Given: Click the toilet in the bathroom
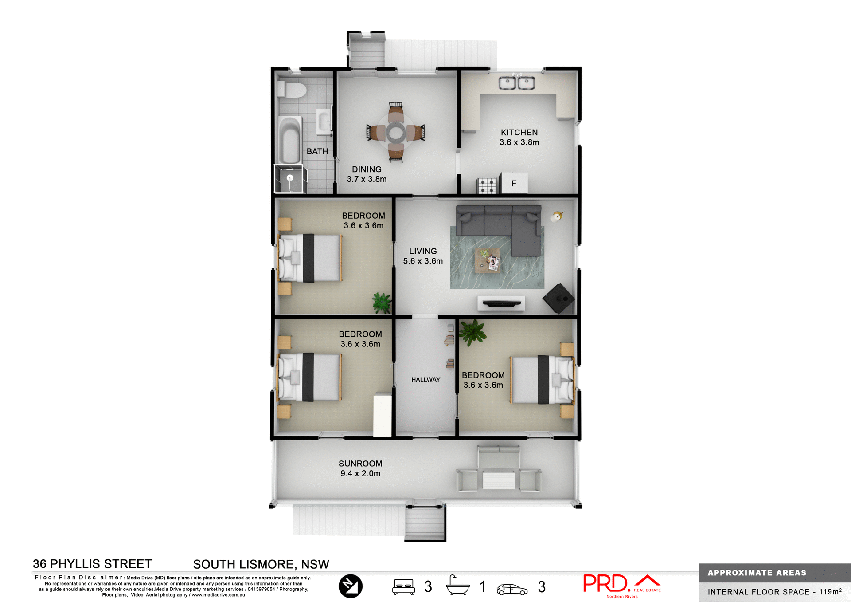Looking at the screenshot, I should [x=292, y=90].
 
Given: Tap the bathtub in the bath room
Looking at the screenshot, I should [x=290, y=140].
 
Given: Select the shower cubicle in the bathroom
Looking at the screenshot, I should [x=289, y=179].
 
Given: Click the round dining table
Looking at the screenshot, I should [x=395, y=132].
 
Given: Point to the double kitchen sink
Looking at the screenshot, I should [x=517, y=83].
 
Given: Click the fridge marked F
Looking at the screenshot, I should [x=514, y=183].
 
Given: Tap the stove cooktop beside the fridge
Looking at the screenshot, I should [x=487, y=185].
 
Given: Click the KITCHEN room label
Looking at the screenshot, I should [x=519, y=133].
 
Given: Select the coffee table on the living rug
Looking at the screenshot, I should [x=488, y=260].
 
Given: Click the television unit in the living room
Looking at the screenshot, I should [x=501, y=303].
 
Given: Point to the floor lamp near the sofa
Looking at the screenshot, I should [x=557, y=216].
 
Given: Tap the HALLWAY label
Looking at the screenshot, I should [x=425, y=380].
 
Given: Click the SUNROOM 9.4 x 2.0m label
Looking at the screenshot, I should [x=360, y=468].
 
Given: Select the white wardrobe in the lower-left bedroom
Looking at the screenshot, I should [x=382, y=415].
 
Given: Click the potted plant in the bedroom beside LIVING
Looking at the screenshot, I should [x=381, y=303].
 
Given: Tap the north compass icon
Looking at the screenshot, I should [x=350, y=586].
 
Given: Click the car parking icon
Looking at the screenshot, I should [x=512, y=589].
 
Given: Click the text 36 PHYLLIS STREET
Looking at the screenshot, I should [x=92, y=564].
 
